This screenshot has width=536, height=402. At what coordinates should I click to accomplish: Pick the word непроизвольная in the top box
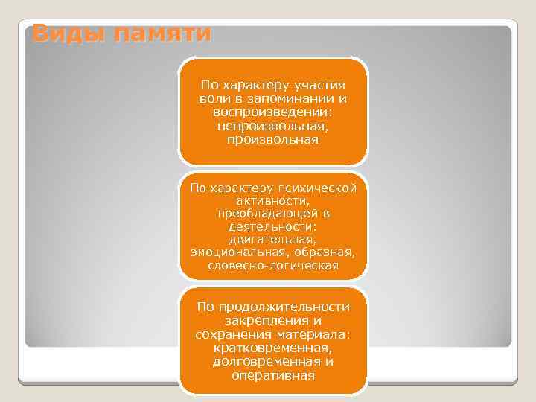(x=272, y=126)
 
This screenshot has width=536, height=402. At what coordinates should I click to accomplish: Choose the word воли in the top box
(x=213, y=99)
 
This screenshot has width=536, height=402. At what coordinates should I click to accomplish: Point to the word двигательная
(x=272, y=240)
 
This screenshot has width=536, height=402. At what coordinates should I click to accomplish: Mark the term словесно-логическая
(x=272, y=266)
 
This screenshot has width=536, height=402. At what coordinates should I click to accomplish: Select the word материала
(x=311, y=334)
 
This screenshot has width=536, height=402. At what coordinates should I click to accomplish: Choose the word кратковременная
(x=272, y=348)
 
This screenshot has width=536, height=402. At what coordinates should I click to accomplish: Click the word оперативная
(x=272, y=374)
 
